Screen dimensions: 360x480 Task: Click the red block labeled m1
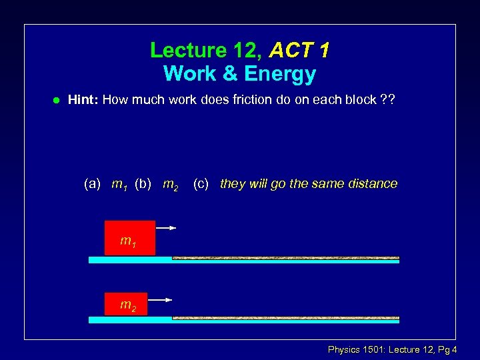(x=129, y=238)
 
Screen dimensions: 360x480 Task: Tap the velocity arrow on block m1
(x=166, y=228)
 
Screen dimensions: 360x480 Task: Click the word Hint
(x=83, y=100)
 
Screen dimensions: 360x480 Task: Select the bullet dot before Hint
(x=57, y=101)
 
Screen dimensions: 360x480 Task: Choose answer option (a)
(x=92, y=183)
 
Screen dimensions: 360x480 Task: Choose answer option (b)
(x=143, y=183)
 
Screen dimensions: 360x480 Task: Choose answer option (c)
(x=201, y=183)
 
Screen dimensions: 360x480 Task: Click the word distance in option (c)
(x=371, y=183)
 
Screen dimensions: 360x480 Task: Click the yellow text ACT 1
(x=300, y=50)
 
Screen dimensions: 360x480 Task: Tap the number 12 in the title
(x=249, y=50)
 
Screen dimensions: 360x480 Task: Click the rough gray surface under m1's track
(x=285, y=257)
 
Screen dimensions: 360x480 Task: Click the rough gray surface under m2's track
(x=285, y=318)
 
